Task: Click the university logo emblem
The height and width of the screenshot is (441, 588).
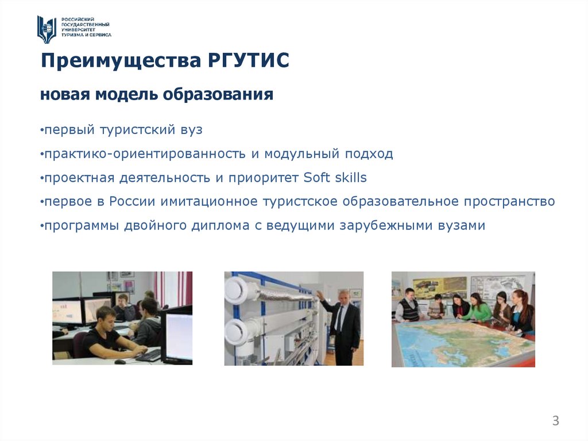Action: tap(47, 29)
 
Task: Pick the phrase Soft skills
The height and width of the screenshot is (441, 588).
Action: tap(335, 178)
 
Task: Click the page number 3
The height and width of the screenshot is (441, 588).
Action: tap(555, 421)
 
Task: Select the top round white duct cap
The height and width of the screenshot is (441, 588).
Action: tap(235, 290)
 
